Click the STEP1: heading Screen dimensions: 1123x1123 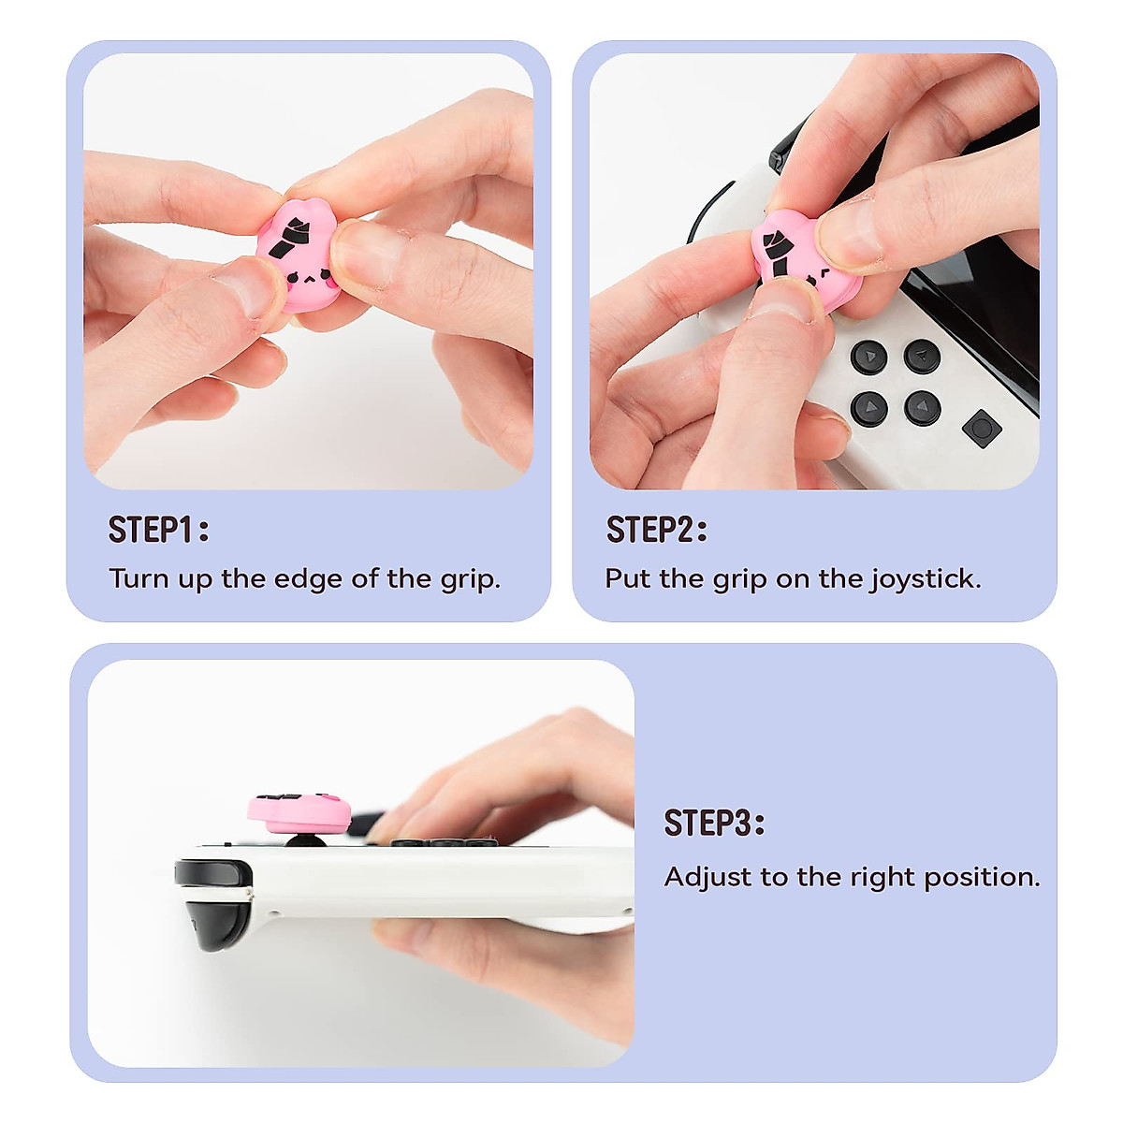(158, 530)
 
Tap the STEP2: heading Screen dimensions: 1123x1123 (656, 530)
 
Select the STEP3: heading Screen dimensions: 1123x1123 (714, 824)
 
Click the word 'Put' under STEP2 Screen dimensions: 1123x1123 (628, 578)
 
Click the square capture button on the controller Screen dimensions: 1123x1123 (982, 429)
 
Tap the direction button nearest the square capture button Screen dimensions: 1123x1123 (922, 408)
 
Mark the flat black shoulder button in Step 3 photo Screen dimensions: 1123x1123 (213, 873)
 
